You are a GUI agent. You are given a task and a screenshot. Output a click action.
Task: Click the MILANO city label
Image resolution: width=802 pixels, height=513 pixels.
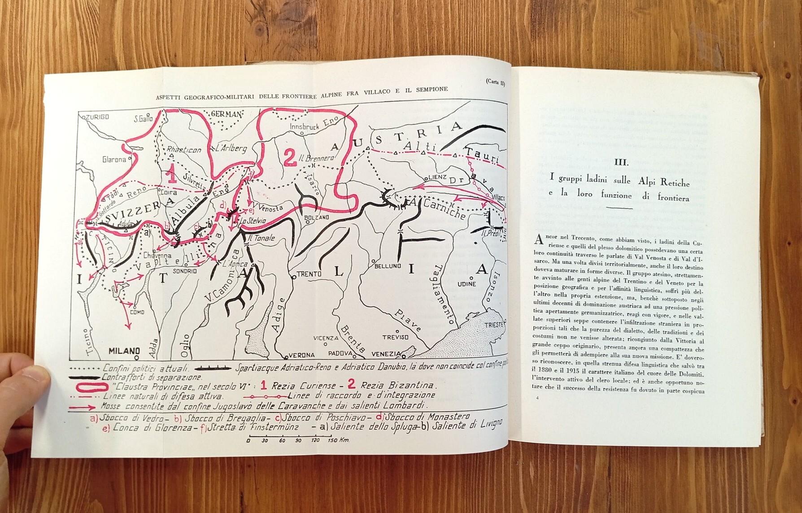[x=123, y=351]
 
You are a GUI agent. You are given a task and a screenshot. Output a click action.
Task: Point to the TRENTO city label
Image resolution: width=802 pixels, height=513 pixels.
[x=310, y=274]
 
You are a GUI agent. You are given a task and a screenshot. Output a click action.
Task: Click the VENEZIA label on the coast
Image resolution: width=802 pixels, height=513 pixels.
[x=386, y=354]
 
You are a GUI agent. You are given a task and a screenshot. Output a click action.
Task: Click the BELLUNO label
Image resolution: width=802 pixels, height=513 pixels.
[x=388, y=266]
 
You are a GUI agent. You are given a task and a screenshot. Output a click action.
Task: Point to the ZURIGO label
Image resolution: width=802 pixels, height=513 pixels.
[x=96, y=117]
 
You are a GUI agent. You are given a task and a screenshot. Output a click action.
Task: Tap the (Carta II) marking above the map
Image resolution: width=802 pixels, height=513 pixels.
[x=495, y=82]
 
